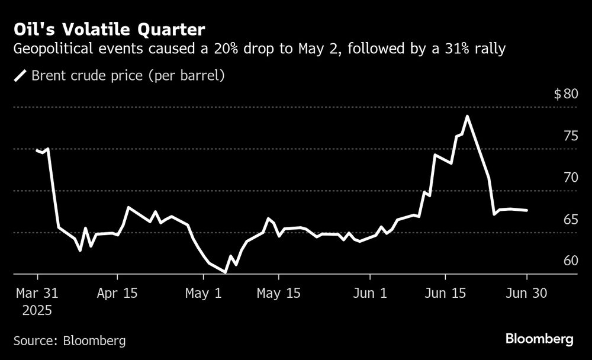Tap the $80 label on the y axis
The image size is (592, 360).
pyautogui.click(x=565, y=94)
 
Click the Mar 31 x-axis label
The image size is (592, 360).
pyautogui.click(x=37, y=293)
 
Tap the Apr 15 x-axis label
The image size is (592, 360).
pyautogui.click(x=117, y=293)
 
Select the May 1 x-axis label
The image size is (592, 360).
pyautogui.click(x=204, y=293)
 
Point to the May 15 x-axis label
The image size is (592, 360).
pyautogui.click(x=279, y=293)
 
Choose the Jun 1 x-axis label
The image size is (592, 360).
pyautogui.click(x=370, y=293)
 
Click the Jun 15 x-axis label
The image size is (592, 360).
pyautogui.click(x=445, y=293)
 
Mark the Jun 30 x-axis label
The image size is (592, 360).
pyautogui.click(x=526, y=293)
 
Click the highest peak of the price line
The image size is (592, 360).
pyautogui.click(x=467, y=117)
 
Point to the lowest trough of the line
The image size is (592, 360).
pyautogui.click(x=225, y=272)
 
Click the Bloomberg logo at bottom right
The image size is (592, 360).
pyautogui.click(x=539, y=339)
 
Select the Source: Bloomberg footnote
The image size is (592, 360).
pyautogui.click(x=69, y=340)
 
